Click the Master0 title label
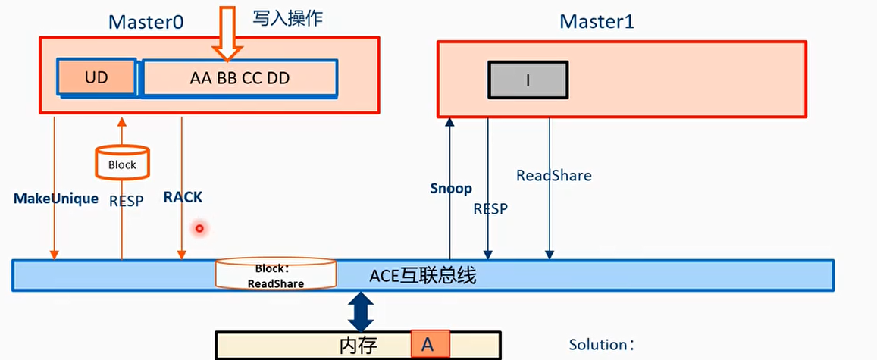pyautogui.click(x=146, y=21)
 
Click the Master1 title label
pyautogui.click(x=597, y=21)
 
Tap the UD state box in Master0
pyautogui.click(x=96, y=78)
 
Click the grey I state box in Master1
pyautogui.click(x=528, y=80)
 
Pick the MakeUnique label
pyautogui.click(x=56, y=199)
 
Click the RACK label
pyautogui.click(x=183, y=197)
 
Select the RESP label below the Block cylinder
pyautogui.click(x=126, y=202)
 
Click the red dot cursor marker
pyautogui.click(x=199, y=227)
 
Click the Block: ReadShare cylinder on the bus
pyautogui.click(x=275, y=274)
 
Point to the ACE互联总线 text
pyautogui.click(x=422, y=276)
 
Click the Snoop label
pyautogui.click(x=450, y=189)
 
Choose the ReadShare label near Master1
pyautogui.click(x=553, y=176)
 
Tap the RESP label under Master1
pyautogui.click(x=490, y=208)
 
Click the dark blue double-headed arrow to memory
pyautogui.click(x=361, y=311)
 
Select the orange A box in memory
pyautogui.click(x=431, y=344)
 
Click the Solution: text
pyautogui.click(x=602, y=345)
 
